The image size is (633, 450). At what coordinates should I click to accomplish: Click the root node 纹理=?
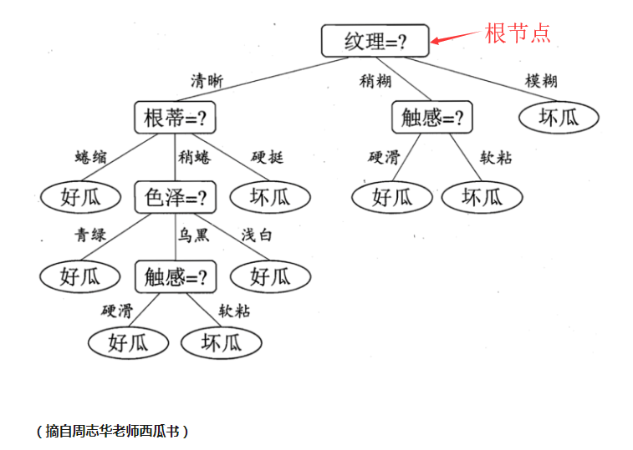tap(375, 40)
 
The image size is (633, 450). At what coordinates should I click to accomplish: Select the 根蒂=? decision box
tap(175, 118)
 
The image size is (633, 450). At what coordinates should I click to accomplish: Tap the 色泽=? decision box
tap(175, 197)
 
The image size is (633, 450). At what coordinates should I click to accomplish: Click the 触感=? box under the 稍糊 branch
tap(431, 118)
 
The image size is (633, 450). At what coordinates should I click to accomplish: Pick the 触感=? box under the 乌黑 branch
tap(175, 276)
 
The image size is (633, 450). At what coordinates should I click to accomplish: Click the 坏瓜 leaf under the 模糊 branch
tap(559, 118)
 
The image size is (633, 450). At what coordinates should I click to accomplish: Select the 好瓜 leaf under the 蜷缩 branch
tap(81, 197)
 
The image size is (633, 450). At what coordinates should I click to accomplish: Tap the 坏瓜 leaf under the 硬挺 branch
tap(269, 197)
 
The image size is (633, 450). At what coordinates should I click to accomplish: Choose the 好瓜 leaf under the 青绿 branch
tap(81, 276)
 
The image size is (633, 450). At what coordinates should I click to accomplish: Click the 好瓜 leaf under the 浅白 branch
tap(269, 276)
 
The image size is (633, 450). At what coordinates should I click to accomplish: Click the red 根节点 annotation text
tap(518, 33)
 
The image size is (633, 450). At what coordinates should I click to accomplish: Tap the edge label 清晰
tap(207, 81)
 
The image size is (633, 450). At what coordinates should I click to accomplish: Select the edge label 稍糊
tap(375, 81)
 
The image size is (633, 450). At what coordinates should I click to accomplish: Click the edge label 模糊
tap(541, 81)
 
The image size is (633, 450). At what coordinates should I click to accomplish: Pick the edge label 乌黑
tap(193, 235)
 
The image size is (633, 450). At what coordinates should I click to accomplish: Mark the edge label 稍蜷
tap(193, 157)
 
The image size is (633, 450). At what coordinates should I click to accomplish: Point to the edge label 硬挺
tap(268, 157)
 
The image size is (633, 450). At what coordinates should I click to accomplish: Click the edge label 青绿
tap(91, 235)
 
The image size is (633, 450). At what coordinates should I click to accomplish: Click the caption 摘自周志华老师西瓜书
tap(112, 431)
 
